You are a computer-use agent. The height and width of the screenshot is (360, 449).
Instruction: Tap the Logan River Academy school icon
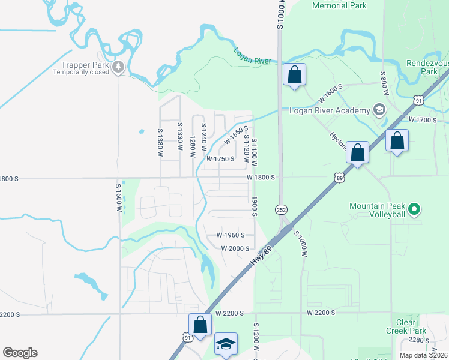pos(379,110)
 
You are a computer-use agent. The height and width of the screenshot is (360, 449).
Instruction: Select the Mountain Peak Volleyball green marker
pos(413,209)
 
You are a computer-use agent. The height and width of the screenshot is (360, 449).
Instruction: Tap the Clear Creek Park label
pos(406,326)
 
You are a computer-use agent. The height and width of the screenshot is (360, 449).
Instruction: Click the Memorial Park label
pos(339,5)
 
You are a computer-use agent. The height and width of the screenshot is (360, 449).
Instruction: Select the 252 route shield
pos(280,209)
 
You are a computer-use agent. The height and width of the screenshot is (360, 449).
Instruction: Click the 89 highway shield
pos(340,177)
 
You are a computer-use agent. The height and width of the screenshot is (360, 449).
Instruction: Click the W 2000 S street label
pos(235,248)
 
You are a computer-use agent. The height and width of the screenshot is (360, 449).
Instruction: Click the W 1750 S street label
pos(220,159)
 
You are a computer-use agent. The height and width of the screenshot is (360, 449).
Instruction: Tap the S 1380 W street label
pos(160,143)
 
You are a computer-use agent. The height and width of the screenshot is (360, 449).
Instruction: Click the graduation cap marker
pos(226,344)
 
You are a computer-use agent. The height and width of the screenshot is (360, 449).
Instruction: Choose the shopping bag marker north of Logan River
pos(294,75)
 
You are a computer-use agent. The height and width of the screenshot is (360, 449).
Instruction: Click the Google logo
pos(20,353)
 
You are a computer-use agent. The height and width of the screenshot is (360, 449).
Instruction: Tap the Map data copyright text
pos(423,355)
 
